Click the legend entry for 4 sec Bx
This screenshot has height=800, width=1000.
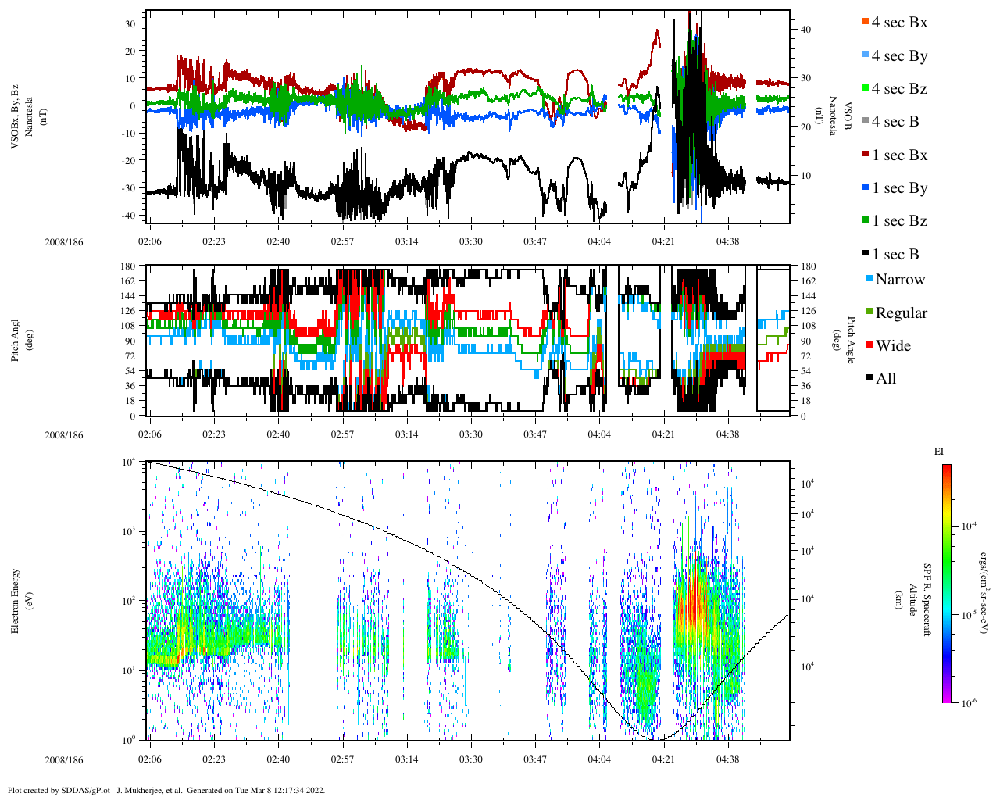pyautogui.click(x=899, y=23)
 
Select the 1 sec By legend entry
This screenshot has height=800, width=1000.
pyautogui.click(x=899, y=188)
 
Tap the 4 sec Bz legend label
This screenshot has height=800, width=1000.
pyautogui.click(x=899, y=89)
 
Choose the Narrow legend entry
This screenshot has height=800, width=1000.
pyautogui.click(x=900, y=280)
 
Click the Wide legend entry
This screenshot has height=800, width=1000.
pyautogui.click(x=893, y=346)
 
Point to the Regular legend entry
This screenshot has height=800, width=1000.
pyautogui.click(x=901, y=313)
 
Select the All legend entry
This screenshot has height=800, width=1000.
pyautogui.click(x=885, y=379)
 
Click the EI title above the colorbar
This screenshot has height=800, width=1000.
pyautogui.click(x=939, y=452)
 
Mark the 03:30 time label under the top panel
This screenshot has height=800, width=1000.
pyautogui.click(x=471, y=241)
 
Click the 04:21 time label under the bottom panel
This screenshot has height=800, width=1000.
pyautogui.click(x=663, y=759)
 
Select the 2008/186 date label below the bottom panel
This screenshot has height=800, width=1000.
pyautogui.click(x=64, y=760)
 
